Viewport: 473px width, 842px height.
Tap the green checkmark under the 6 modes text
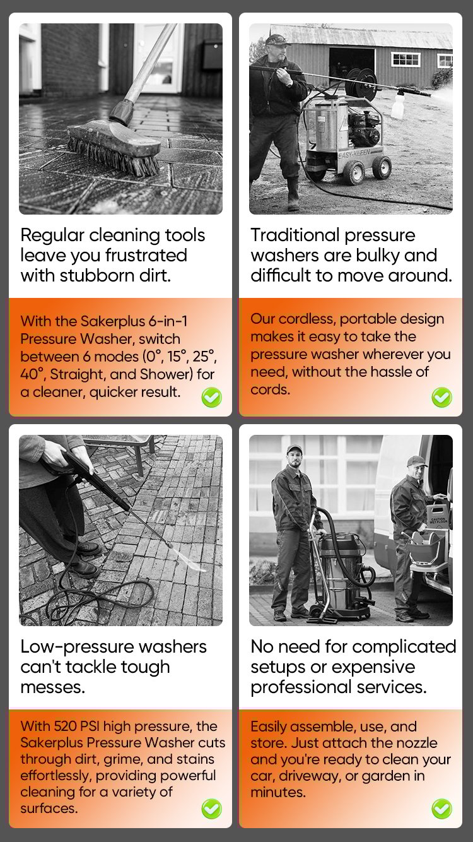pyautogui.click(x=211, y=397)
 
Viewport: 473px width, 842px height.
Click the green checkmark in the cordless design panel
pyautogui.click(x=442, y=397)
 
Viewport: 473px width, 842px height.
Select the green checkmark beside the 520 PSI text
pyautogui.click(x=211, y=809)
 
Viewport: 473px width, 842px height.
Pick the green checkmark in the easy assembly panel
pyautogui.click(x=442, y=809)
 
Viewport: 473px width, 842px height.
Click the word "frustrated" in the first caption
pyautogui.click(x=146, y=255)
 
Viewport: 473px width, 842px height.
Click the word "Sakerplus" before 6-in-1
pyautogui.click(x=113, y=322)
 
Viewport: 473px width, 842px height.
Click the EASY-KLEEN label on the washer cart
pyautogui.click(x=354, y=154)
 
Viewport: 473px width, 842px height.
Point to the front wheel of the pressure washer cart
pyautogui.click(x=354, y=173)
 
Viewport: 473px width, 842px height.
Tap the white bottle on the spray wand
pyautogui.click(x=398, y=105)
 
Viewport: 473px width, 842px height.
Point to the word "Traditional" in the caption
pyautogui.click(x=295, y=235)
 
